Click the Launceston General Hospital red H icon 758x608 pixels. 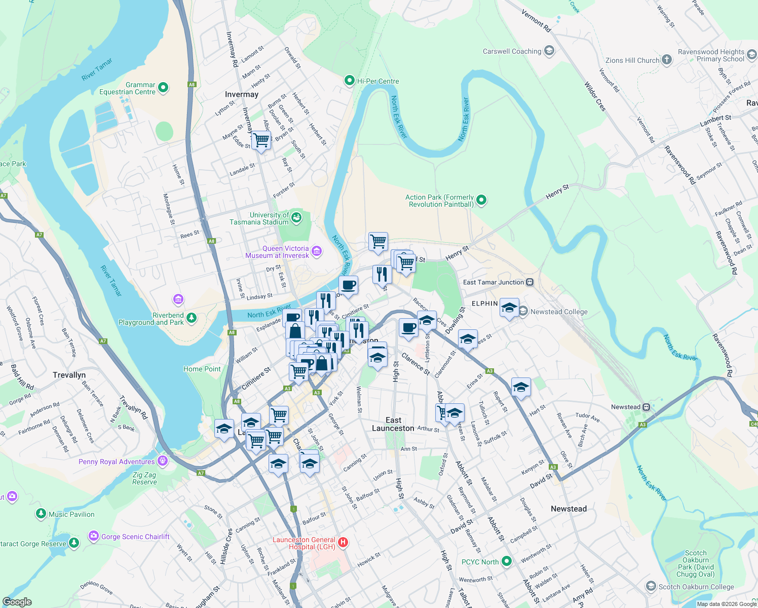tap(343, 543)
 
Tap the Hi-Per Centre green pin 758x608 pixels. tap(349, 81)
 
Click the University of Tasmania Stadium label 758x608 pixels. tap(259, 218)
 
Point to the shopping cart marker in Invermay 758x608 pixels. tap(261, 140)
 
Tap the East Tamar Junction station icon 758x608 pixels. tap(529, 282)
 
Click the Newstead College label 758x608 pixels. tap(559, 312)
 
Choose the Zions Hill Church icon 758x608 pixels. tap(667, 60)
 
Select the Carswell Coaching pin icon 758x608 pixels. tap(549, 51)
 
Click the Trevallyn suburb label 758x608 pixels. tap(69, 375)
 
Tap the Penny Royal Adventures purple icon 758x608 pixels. tap(163, 461)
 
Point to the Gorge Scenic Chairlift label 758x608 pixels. tap(135, 537)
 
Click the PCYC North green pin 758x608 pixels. tap(506, 561)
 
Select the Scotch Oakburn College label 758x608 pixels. tap(696, 587)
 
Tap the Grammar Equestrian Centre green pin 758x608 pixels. tap(163, 88)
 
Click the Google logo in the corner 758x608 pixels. tap(17, 601)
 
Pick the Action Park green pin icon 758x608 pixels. tap(481, 200)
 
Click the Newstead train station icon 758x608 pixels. tap(646, 407)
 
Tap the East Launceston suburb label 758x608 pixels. tap(393, 424)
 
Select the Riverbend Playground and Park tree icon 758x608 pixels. tap(191, 318)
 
